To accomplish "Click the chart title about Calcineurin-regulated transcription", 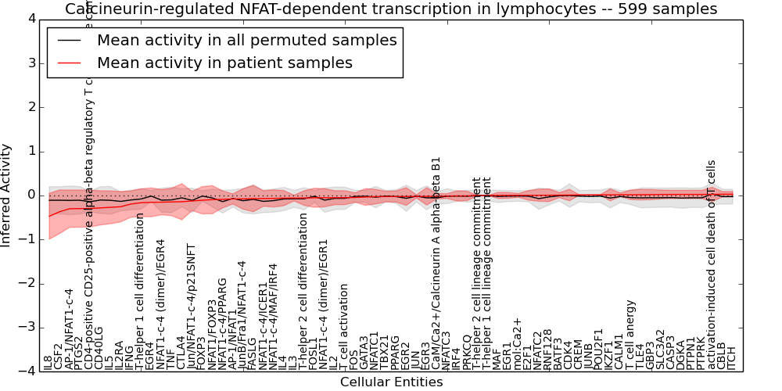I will tap(391, 9).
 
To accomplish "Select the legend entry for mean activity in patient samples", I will tap(224, 63).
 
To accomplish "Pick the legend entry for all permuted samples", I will tap(246, 41).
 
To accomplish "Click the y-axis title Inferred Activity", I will tap(7, 195).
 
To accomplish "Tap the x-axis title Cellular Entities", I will tap(391, 382).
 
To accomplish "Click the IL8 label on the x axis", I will tap(48, 362).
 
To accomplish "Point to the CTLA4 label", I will tap(181, 353).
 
